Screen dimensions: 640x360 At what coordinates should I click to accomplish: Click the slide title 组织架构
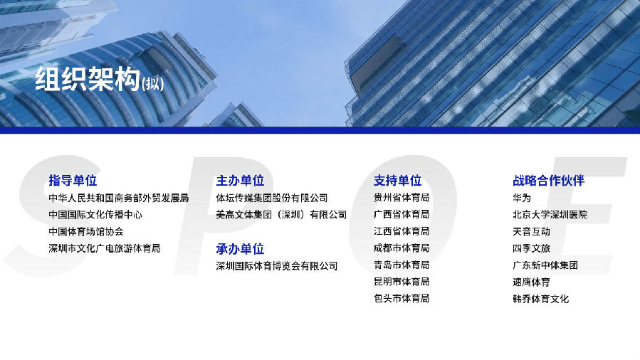pyautogui.click(x=88, y=79)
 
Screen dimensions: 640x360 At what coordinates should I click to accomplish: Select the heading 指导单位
pyautogui.click(x=73, y=180)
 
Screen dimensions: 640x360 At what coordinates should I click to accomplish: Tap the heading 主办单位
pyautogui.click(x=240, y=180)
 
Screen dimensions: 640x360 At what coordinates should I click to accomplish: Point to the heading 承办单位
pyautogui.click(x=240, y=249)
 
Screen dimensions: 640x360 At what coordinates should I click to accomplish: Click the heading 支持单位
pyautogui.click(x=397, y=180)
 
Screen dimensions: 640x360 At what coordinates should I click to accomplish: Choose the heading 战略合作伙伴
pyautogui.click(x=549, y=180)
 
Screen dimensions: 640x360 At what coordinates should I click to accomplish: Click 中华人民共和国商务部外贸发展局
pyautogui.click(x=119, y=198)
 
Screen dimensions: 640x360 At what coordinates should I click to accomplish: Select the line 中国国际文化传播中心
pyautogui.click(x=95, y=215)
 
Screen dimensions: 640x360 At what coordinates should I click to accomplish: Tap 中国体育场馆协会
pyautogui.click(x=86, y=231)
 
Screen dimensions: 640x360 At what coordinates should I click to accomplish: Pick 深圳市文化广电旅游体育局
pyautogui.click(x=105, y=248)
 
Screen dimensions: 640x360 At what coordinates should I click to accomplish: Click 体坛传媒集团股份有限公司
pyautogui.click(x=272, y=198)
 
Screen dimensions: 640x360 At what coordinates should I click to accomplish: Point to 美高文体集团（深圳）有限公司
pyautogui.click(x=281, y=215)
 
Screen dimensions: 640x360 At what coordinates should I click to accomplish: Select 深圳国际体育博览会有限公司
pyautogui.click(x=277, y=266)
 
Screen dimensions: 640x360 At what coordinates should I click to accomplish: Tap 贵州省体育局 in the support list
pyautogui.click(x=402, y=198)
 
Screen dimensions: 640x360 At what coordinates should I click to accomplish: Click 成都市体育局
pyautogui.click(x=402, y=248)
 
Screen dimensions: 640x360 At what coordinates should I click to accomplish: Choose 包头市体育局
pyautogui.click(x=402, y=298)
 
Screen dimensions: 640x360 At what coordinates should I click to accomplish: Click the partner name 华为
pyautogui.click(x=522, y=198)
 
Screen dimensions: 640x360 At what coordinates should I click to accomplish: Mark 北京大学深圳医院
pyautogui.click(x=550, y=215)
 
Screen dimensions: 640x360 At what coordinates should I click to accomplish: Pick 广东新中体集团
pyautogui.click(x=545, y=265)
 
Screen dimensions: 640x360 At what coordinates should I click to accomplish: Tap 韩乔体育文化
pyautogui.click(x=541, y=299)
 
